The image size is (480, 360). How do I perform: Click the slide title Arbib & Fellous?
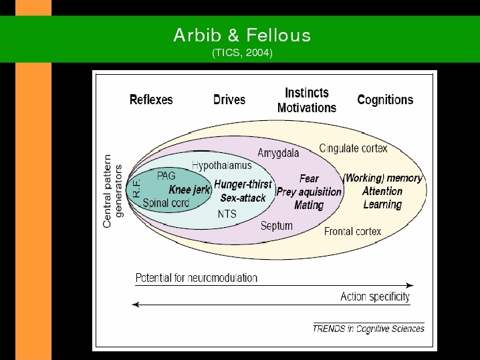coord(242,35)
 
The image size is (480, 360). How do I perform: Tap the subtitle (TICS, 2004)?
coord(242,53)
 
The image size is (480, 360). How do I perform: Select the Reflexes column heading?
coord(151,100)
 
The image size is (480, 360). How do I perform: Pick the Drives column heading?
coord(229,100)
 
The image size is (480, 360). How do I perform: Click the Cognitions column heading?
coord(385,100)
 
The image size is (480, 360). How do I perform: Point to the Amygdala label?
coord(278,153)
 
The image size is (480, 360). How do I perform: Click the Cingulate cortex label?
coord(353,148)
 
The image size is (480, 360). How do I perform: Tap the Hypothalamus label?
coord(222,166)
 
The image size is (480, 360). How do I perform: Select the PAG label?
coord(166,176)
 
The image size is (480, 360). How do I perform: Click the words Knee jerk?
coord(189,190)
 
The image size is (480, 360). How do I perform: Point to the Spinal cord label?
coord(166,203)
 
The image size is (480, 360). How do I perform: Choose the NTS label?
coord(227,214)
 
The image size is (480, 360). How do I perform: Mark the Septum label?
coord(277,226)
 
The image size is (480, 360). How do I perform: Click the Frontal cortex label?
coord(353,232)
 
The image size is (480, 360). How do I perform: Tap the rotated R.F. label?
coord(137,188)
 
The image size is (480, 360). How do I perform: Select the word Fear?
coord(309,178)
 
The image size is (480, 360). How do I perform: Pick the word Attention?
coord(382,192)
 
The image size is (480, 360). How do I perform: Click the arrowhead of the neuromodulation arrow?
coord(410,285)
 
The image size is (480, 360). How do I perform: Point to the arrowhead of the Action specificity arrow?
coord(135,305)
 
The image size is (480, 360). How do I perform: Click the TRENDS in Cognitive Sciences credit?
coord(368,329)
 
